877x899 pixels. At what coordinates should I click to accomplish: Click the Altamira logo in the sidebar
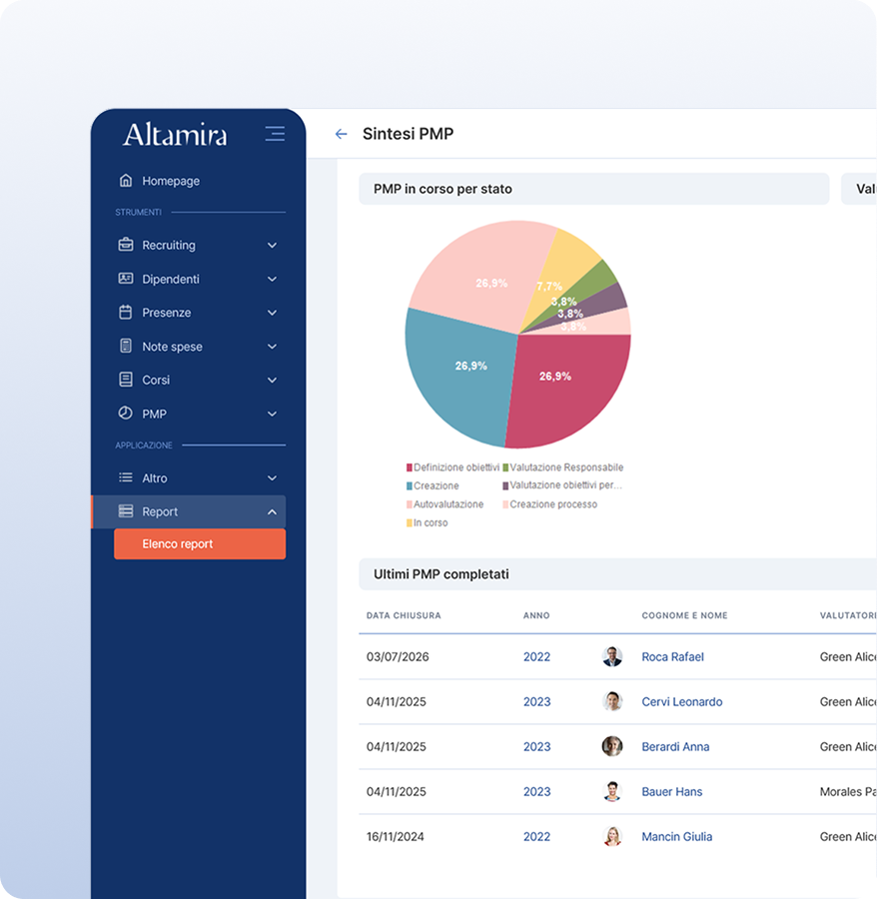coord(175,135)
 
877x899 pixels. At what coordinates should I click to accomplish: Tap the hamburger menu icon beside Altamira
coord(275,134)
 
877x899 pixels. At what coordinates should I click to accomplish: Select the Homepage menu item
coord(170,181)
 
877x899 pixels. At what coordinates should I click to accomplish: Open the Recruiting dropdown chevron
coord(272,246)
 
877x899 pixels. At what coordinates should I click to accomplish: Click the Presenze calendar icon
coord(126,313)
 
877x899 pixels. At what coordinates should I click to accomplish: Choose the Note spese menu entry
coord(172,347)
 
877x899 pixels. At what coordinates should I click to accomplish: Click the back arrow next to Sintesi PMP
coord(341,134)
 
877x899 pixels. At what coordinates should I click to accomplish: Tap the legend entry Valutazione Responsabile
coord(565,467)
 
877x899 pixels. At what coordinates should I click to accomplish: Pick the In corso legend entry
coord(430,522)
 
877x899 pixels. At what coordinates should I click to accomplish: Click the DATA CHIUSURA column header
coord(404,615)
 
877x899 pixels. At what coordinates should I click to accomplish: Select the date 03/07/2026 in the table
coord(398,657)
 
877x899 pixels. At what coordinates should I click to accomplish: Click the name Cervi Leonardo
coord(681,702)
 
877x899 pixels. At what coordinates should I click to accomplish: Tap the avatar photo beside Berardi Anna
coord(612,746)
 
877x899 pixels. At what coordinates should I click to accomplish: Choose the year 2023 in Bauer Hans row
coord(536,792)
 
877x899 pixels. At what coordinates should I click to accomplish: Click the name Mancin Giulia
coord(676,837)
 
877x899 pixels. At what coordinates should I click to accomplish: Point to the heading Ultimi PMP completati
coord(440,574)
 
